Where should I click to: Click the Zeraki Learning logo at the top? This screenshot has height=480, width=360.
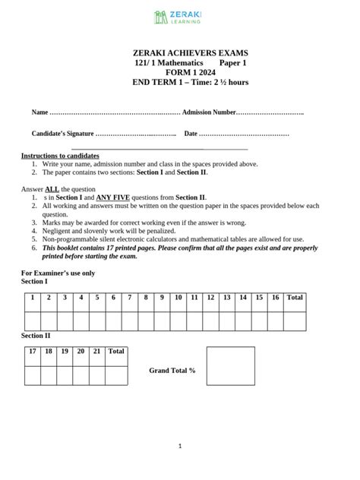click(179, 17)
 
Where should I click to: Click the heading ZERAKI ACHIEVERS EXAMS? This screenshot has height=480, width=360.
click(179, 53)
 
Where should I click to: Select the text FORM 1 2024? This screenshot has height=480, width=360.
click(179, 72)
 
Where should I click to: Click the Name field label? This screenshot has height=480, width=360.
click(39, 112)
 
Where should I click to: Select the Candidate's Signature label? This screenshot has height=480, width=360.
click(62, 134)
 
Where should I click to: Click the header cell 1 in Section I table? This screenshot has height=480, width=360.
click(33, 298)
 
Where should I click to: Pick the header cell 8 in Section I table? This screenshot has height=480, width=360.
click(146, 298)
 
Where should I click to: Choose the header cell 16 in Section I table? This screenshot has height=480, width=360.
click(275, 298)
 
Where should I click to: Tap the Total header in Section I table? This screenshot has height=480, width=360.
click(295, 298)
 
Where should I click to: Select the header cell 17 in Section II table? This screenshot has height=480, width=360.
click(33, 352)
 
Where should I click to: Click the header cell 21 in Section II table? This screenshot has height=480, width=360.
click(96, 352)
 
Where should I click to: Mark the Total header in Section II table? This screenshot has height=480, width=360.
click(116, 352)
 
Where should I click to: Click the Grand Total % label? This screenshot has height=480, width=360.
click(172, 370)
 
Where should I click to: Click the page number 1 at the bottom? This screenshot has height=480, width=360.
click(180, 447)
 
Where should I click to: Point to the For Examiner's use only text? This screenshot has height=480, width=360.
click(58, 272)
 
